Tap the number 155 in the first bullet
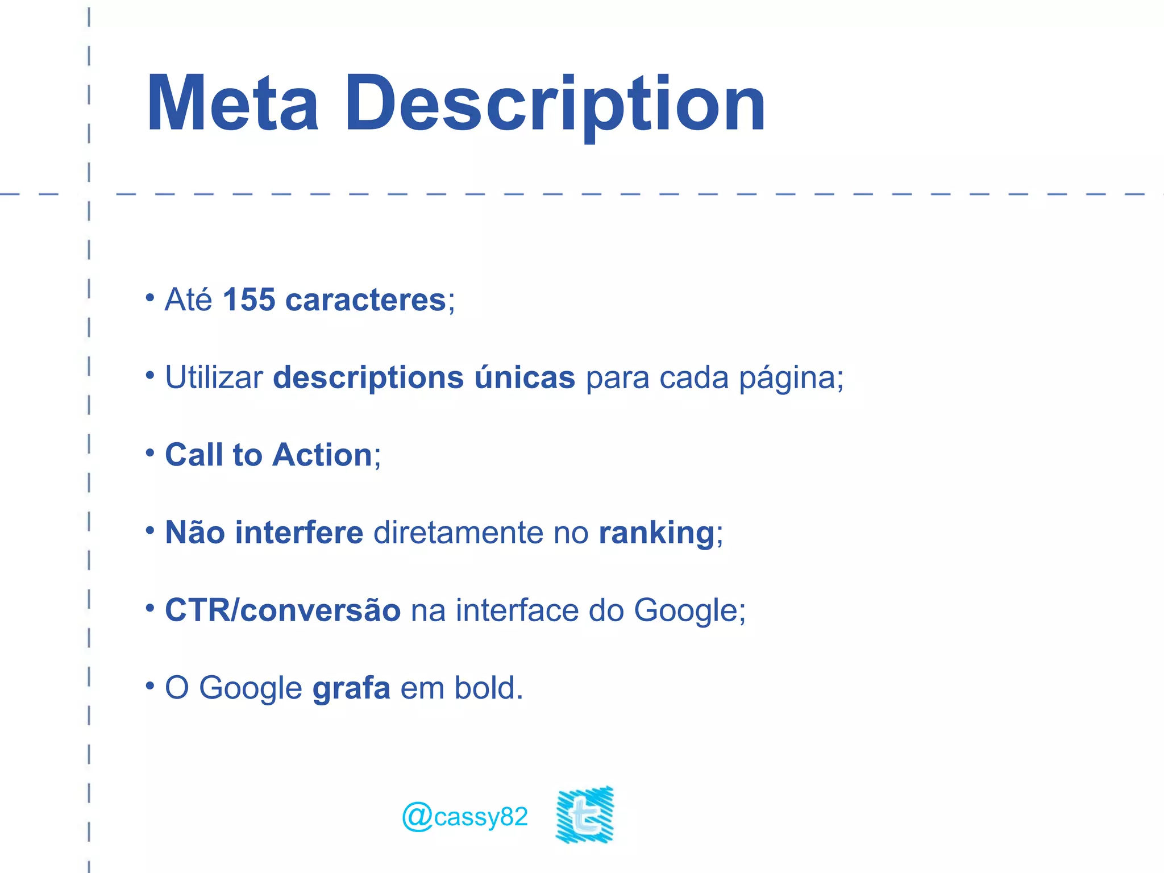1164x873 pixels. point(249,300)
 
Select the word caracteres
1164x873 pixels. point(365,301)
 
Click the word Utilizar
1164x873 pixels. point(214,377)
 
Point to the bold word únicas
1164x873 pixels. point(525,377)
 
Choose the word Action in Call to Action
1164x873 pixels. point(322,455)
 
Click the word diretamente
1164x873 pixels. point(458,533)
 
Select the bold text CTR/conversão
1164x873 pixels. point(282,610)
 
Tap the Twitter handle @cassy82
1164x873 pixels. point(465,817)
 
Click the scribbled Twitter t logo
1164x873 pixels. point(585,814)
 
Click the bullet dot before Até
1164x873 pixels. point(150,297)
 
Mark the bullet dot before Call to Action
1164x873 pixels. point(150,453)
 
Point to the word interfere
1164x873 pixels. point(299,533)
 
